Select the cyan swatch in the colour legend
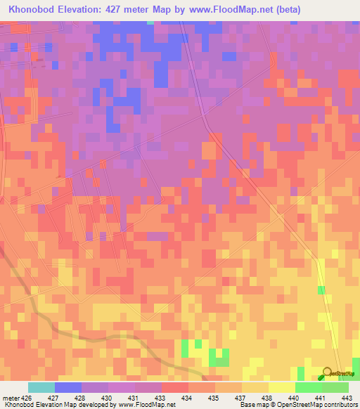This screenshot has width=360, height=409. coord(41,387)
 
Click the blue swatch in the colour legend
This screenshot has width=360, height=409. coord(67,387)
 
